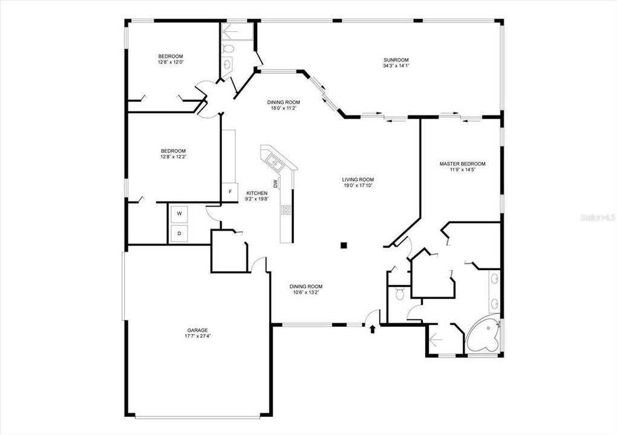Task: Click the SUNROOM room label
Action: pyautogui.click(x=396, y=60)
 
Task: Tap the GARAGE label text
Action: pyautogui.click(x=197, y=330)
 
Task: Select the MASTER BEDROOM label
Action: pyautogui.click(x=462, y=164)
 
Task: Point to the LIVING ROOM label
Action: pyautogui.click(x=358, y=179)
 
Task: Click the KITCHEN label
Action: pyautogui.click(x=256, y=193)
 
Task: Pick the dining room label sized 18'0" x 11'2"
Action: pyautogui.click(x=284, y=102)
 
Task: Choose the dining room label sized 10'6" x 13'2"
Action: pyautogui.click(x=305, y=286)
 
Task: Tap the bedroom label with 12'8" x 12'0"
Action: pyautogui.click(x=171, y=56)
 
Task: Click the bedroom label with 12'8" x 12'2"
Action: pyautogui.click(x=173, y=151)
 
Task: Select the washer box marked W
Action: pyautogui.click(x=179, y=213)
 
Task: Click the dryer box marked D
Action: pyautogui.click(x=179, y=233)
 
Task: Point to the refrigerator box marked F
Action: pyautogui.click(x=229, y=193)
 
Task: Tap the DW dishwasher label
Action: pyautogui.click(x=275, y=183)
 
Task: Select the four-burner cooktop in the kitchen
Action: pyautogui.click(x=286, y=210)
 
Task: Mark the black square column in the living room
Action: pyautogui.click(x=344, y=245)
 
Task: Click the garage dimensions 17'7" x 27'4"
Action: pyautogui.click(x=197, y=336)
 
